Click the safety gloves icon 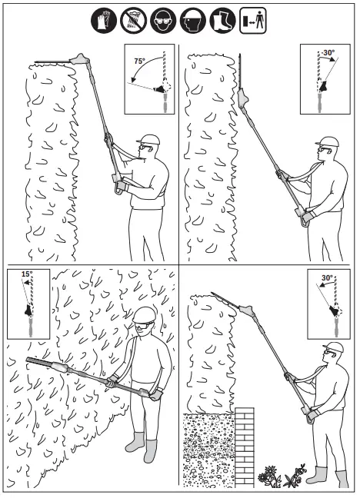click(103, 21)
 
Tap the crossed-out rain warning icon click(132, 21)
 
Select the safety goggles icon click(162, 21)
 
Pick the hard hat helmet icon click(191, 21)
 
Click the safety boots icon click(220, 21)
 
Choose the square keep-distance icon click(251, 21)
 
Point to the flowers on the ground click(280, 476)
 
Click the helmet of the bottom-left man click(144, 314)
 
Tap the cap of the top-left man click(149, 140)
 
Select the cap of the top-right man click(328, 142)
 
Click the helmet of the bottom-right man click(332, 347)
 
